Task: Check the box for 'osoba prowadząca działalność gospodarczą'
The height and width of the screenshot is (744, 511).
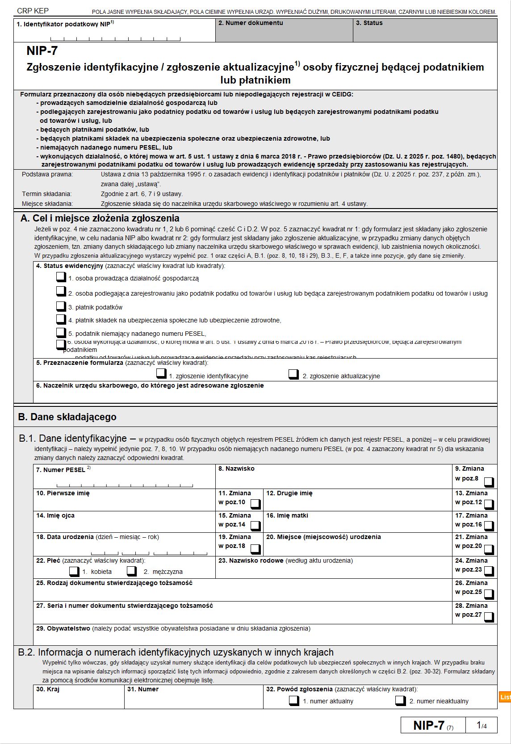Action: point(61,277)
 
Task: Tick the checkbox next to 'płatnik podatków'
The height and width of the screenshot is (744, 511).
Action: point(61,306)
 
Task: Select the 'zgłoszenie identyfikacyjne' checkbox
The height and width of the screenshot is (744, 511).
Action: point(161,374)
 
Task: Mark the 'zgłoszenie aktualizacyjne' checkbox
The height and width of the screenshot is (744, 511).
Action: point(293,374)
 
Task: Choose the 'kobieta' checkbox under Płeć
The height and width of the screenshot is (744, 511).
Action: point(74,571)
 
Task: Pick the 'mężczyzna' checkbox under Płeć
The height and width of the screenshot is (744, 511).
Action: point(132,571)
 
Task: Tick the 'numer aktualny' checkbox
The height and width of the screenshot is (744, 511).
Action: point(294,700)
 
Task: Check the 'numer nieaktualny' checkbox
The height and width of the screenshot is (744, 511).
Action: point(401,700)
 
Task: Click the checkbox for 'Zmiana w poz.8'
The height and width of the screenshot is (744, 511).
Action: point(489,481)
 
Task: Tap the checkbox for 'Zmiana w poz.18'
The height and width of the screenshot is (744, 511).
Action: point(255,548)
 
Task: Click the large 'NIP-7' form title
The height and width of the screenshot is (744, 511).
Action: point(42,51)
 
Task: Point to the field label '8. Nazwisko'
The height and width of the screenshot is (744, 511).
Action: point(236,468)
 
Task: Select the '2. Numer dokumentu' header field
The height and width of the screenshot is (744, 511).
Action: point(251,23)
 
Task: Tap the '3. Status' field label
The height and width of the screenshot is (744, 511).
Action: point(369,23)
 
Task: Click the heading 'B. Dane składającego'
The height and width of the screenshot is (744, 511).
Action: point(67,417)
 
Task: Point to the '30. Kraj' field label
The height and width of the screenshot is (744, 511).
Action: point(48,689)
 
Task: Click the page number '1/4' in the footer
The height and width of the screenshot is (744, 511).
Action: point(482,726)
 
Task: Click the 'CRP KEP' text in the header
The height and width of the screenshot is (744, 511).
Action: point(33,11)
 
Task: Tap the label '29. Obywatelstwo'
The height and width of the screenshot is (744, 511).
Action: point(63,628)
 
